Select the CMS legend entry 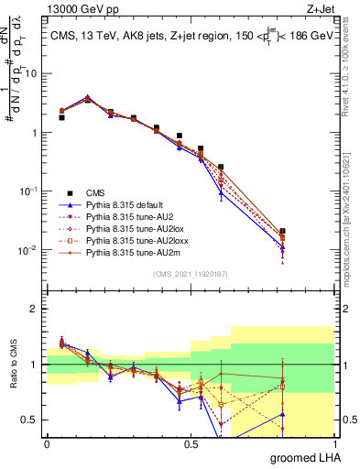pyautogui.click(x=96, y=191)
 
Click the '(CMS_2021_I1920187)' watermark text pyautogui.click(x=190, y=273)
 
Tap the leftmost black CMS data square pyautogui.click(x=61, y=117)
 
